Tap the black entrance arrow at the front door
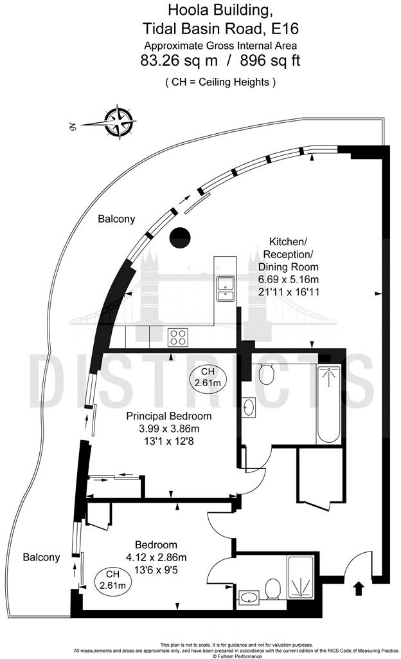[x=358, y=588]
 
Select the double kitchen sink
[x=226, y=289]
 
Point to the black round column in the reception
[x=179, y=237]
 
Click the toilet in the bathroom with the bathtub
[x=265, y=373]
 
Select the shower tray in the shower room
[x=299, y=577]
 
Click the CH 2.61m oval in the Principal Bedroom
[x=207, y=378]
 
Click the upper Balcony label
[x=116, y=219]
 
